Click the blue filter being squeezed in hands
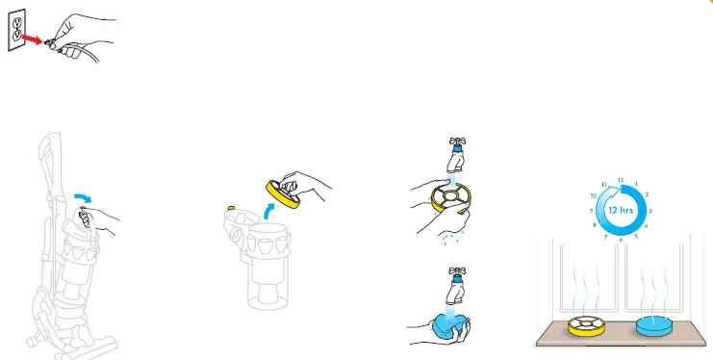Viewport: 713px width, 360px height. point(445,323)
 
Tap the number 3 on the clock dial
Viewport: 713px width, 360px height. point(650,210)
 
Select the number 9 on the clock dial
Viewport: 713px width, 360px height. point(590,210)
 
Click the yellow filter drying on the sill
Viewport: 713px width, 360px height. point(587,328)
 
